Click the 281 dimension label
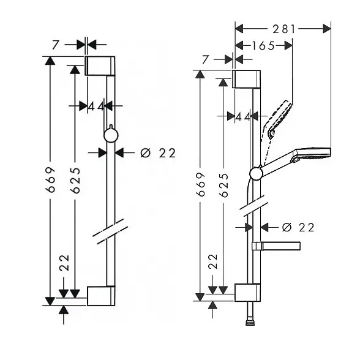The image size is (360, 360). click(x=284, y=29)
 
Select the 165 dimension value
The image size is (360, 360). click(x=263, y=46)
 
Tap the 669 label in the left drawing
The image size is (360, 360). click(x=50, y=180)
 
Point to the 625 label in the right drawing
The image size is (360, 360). click(x=223, y=186)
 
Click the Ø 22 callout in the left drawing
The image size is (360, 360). click(x=158, y=153)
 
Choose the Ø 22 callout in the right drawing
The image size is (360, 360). click(x=298, y=228)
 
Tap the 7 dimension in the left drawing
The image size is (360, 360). click(x=55, y=45)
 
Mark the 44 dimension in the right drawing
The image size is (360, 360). click(x=243, y=118)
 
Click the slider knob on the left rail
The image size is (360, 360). click(x=111, y=135)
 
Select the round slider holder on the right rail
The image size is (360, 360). click(x=256, y=173)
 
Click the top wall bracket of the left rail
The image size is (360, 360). click(x=100, y=66)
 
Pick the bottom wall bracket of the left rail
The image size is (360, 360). click(x=101, y=296)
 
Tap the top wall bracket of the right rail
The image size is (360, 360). click(x=246, y=79)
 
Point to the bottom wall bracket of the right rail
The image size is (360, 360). click(x=247, y=293)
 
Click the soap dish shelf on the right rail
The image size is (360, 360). click(x=276, y=246)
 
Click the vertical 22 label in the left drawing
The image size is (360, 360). click(x=64, y=263)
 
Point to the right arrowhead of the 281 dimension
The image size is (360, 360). click(x=327, y=29)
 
